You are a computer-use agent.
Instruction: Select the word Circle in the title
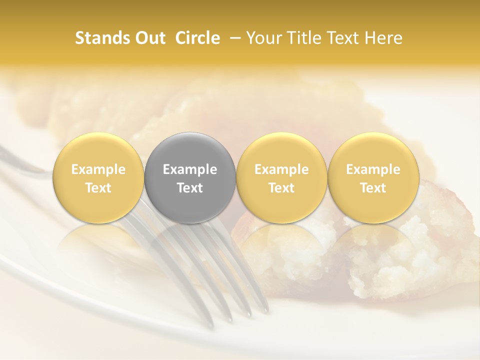click(x=197, y=38)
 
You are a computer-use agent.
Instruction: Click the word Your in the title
click(x=263, y=38)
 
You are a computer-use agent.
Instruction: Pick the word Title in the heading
click(x=303, y=38)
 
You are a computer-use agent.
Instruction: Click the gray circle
click(x=190, y=178)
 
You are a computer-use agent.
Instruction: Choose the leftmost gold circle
click(x=98, y=178)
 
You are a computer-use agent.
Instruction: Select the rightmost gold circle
click(x=373, y=178)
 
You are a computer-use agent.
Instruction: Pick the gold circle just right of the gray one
click(x=281, y=178)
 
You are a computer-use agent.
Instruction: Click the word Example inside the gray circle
click(x=190, y=169)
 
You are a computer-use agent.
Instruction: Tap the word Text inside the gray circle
click(x=190, y=187)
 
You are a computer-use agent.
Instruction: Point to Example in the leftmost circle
click(x=98, y=169)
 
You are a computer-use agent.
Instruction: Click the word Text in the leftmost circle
click(x=98, y=187)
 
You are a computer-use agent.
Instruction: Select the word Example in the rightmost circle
click(x=373, y=169)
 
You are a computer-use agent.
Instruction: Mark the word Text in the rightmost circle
click(x=373, y=187)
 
